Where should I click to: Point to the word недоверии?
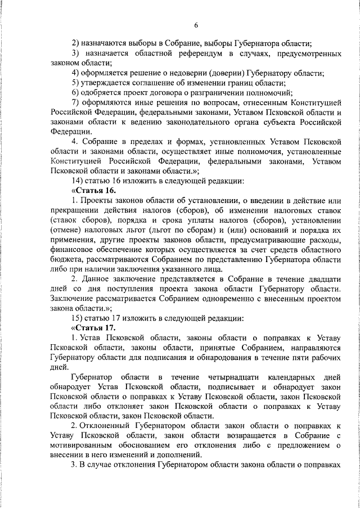[x=174, y=73]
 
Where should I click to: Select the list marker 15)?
[x=79, y=318]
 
